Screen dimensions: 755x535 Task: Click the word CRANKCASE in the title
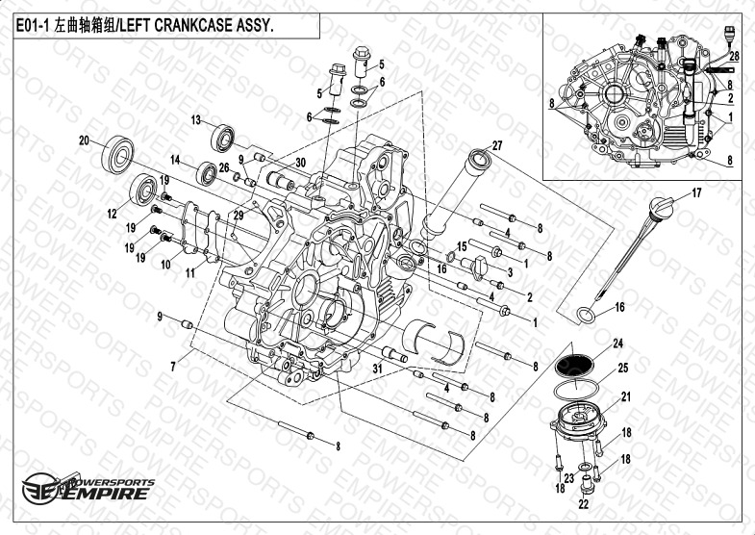click(x=194, y=26)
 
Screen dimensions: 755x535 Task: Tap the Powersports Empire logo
click(x=88, y=488)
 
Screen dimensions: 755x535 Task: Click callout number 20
click(x=85, y=140)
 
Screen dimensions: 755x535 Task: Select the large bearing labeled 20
click(x=117, y=155)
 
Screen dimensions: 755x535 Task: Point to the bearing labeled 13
click(x=222, y=139)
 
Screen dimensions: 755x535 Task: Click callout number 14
click(x=175, y=160)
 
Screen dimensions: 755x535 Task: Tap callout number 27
click(x=497, y=145)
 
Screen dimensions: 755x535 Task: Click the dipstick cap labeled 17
click(x=662, y=208)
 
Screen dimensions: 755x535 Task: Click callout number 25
click(x=623, y=368)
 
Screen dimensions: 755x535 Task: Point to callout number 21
click(x=626, y=396)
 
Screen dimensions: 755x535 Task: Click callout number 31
click(x=378, y=369)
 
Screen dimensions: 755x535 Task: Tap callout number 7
click(x=173, y=367)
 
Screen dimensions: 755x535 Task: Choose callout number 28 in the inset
click(x=734, y=57)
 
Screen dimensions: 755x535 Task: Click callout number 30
click(x=300, y=163)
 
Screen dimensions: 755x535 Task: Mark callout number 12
click(x=113, y=214)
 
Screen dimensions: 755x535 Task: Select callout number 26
click(x=224, y=167)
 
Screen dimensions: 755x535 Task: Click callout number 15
click(x=462, y=247)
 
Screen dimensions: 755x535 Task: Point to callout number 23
click(x=569, y=478)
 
